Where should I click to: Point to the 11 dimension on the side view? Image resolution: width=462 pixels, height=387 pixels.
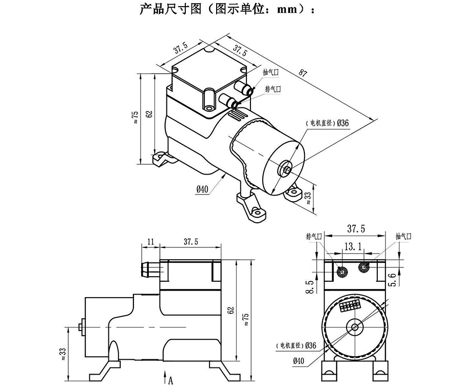pyautogui.click(x=150, y=241)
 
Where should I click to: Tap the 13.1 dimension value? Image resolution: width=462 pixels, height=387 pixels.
pyautogui.click(x=354, y=247)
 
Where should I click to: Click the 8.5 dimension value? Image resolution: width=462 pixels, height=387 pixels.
pyautogui.click(x=310, y=286)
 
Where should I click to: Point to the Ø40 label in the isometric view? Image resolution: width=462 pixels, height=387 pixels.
pyautogui.click(x=202, y=189)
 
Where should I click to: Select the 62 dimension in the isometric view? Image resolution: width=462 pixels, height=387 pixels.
pyautogui.click(x=150, y=114)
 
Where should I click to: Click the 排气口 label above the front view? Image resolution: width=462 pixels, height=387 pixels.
pyautogui.click(x=313, y=236)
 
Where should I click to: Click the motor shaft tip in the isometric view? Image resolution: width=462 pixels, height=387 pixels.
pyautogui.click(x=285, y=168)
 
